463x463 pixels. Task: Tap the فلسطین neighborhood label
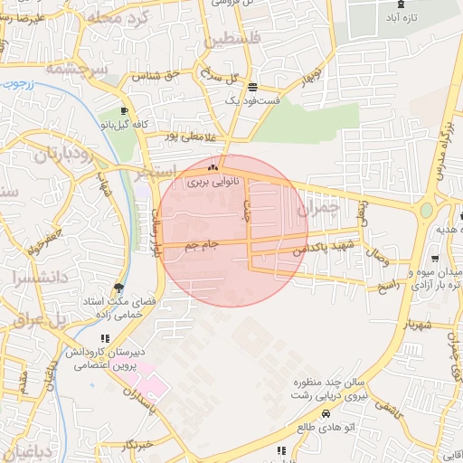click(231, 40)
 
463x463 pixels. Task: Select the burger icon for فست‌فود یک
click(251, 89)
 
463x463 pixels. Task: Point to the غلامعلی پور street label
click(192, 137)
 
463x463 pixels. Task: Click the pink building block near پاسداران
click(152, 385)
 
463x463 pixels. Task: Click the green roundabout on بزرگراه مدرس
click(425, 211)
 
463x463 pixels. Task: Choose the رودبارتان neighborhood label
click(63, 153)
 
